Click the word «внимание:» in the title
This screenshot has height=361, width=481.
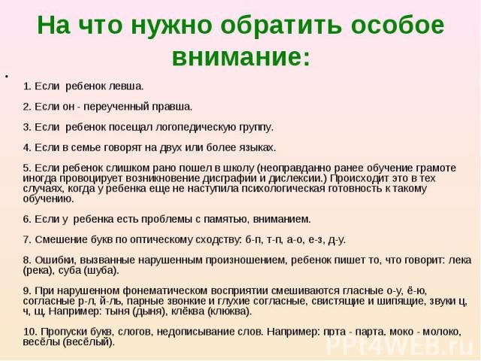click(x=241, y=57)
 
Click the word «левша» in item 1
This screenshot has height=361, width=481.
click(x=126, y=86)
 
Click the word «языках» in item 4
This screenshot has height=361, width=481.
click(x=257, y=148)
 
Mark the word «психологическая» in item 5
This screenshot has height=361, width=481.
click(x=283, y=189)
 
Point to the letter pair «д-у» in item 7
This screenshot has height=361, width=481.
click(x=337, y=240)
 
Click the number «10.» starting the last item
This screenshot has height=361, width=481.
click(x=30, y=332)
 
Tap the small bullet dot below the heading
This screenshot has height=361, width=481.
click(x=6, y=75)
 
